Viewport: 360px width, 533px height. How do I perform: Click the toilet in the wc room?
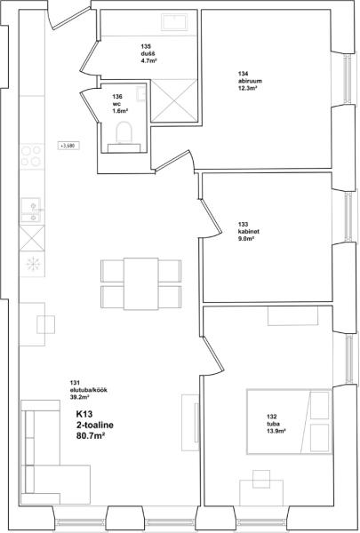coord(124,133)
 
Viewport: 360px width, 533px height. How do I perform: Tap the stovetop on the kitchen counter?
coord(32,156)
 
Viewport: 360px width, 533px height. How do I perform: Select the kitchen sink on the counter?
coord(30,210)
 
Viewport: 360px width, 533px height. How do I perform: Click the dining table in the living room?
coord(140,284)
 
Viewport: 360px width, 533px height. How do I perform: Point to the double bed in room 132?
coord(289,422)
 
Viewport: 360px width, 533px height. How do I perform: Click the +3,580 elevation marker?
coord(68,147)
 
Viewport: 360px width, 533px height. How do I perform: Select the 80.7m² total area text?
coord(90,435)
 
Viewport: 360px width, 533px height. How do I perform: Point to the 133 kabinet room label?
coord(249,232)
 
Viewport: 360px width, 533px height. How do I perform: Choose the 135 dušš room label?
coord(148,53)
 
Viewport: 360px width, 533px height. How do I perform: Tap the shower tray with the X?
coord(174,100)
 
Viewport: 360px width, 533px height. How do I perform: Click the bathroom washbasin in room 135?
coord(174,22)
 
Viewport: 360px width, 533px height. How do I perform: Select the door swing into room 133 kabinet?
coord(211,219)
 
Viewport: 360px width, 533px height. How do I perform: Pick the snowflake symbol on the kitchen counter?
coord(33,264)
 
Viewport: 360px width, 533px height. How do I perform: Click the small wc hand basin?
coord(140,93)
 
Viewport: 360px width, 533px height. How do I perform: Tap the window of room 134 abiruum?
coord(347,79)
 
